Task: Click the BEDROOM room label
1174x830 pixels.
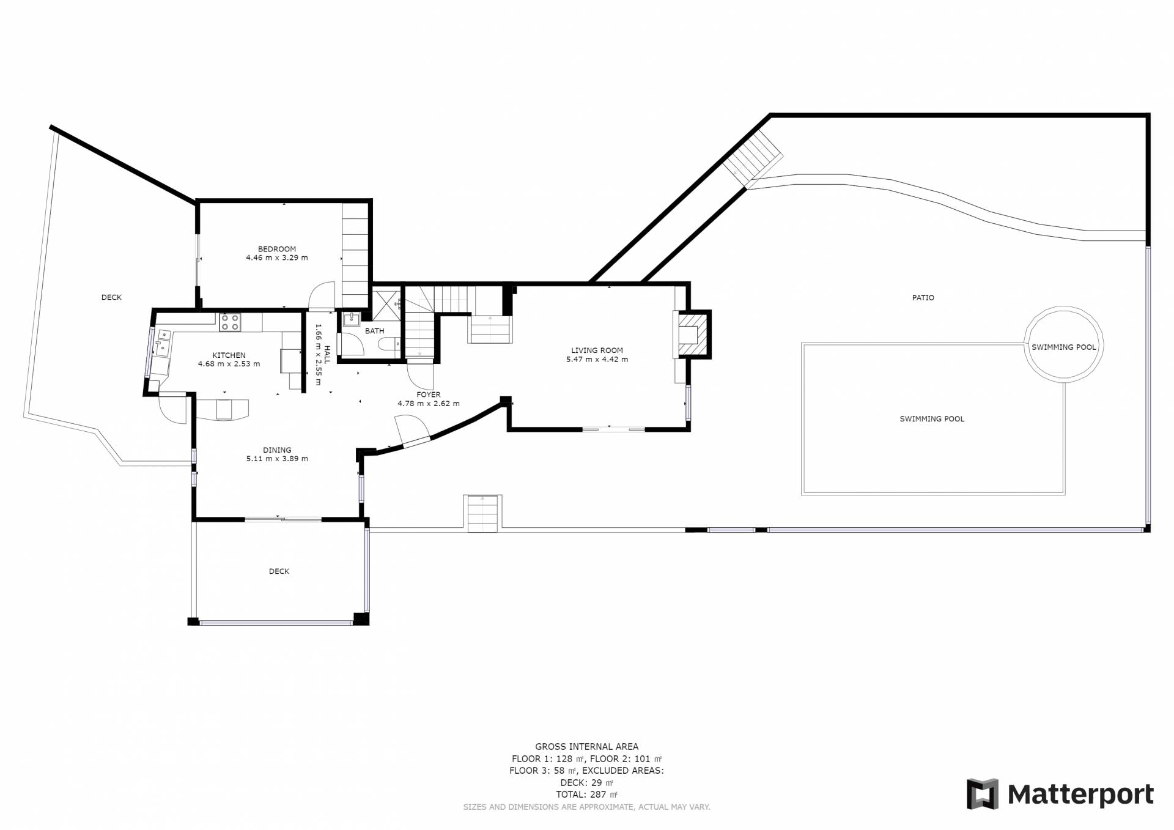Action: tap(277, 249)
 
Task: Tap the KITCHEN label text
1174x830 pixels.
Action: tap(229, 355)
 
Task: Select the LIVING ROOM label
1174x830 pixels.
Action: tap(597, 350)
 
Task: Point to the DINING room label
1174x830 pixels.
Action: tap(277, 450)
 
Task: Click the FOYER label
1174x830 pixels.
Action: tap(428, 395)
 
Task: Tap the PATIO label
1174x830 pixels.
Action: tap(923, 298)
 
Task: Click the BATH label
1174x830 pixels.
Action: tap(375, 331)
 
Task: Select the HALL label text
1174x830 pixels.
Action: tap(327, 355)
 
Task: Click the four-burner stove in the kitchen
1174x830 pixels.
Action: tap(230, 322)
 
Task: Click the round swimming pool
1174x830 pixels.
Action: tap(1064, 344)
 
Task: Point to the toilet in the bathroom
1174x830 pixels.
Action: tap(388, 345)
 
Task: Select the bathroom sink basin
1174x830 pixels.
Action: tap(352, 319)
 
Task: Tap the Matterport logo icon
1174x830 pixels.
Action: tap(982, 794)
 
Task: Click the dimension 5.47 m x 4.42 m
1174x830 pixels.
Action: tap(597, 360)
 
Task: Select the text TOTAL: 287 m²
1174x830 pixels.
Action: tap(586, 795)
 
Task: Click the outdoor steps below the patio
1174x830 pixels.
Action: tap(483, 513)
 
